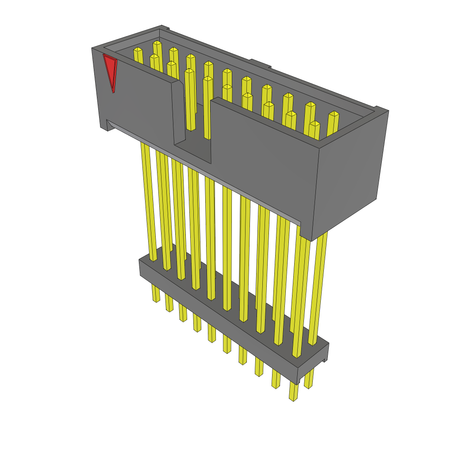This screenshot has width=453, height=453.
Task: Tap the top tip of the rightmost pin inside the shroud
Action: click(x=334, y=114)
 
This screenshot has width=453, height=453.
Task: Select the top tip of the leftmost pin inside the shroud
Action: click(x=138, y=50)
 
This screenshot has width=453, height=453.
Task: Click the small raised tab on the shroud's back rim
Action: click(x=260, y=63)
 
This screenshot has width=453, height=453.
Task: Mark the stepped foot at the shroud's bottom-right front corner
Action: click(x=305, y=232)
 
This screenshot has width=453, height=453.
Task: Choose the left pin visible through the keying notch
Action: click(x=190, y=102)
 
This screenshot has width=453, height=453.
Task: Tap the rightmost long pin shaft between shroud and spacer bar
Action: click(x=319, y=288)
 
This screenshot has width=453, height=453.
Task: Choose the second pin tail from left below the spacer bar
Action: click(x=169, y=303)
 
